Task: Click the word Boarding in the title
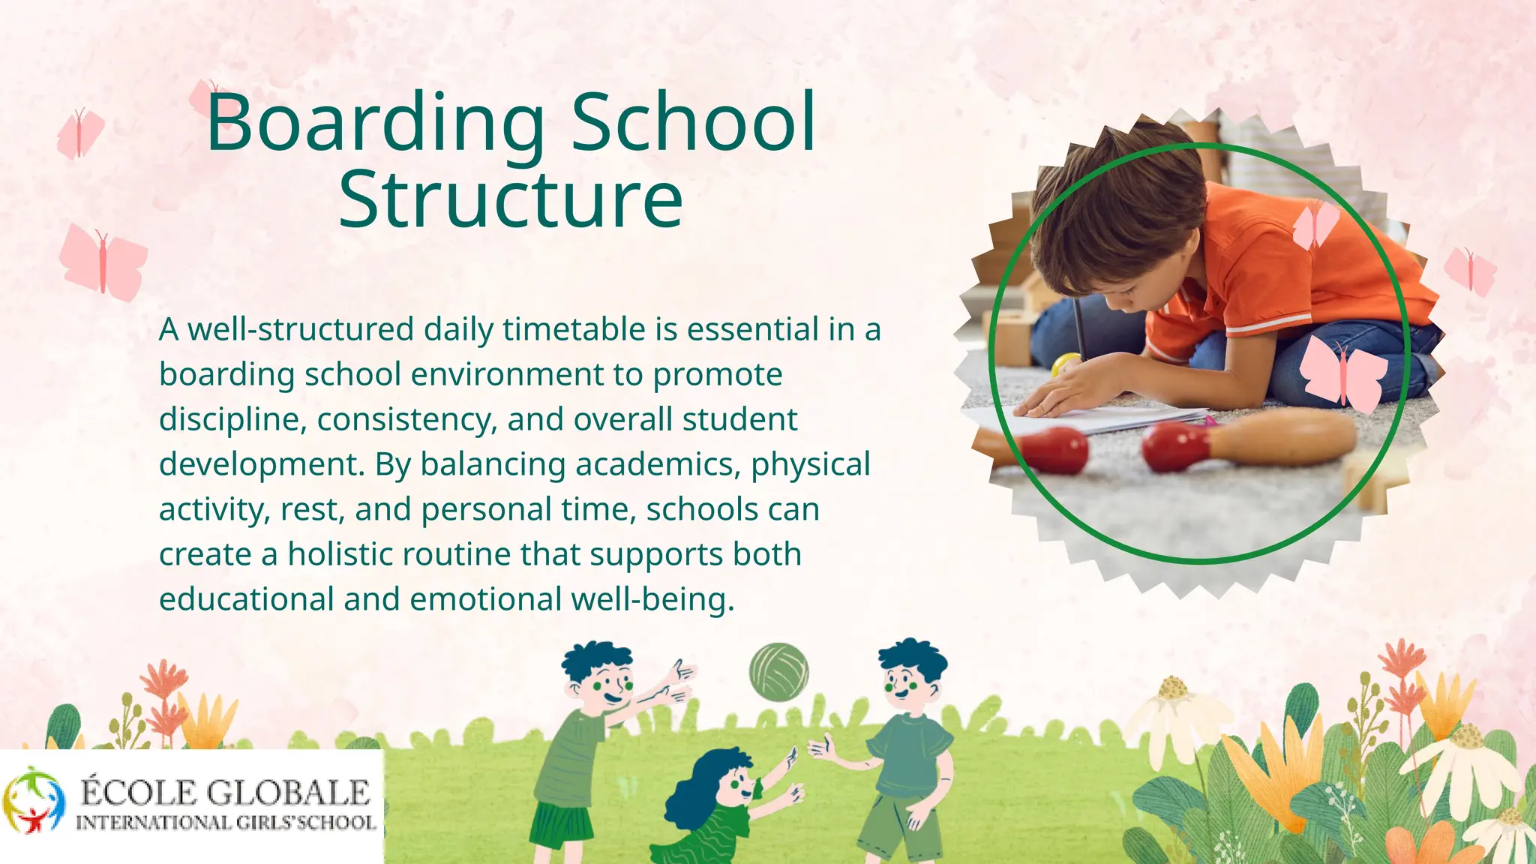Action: tap(375, 124)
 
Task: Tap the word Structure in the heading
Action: tap(511, 199)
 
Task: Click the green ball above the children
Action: tap(778, 672)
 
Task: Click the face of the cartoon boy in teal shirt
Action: tap(908, 682)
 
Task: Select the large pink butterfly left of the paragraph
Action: tap(103, 261)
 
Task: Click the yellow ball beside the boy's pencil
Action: tap(1063, 364)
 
